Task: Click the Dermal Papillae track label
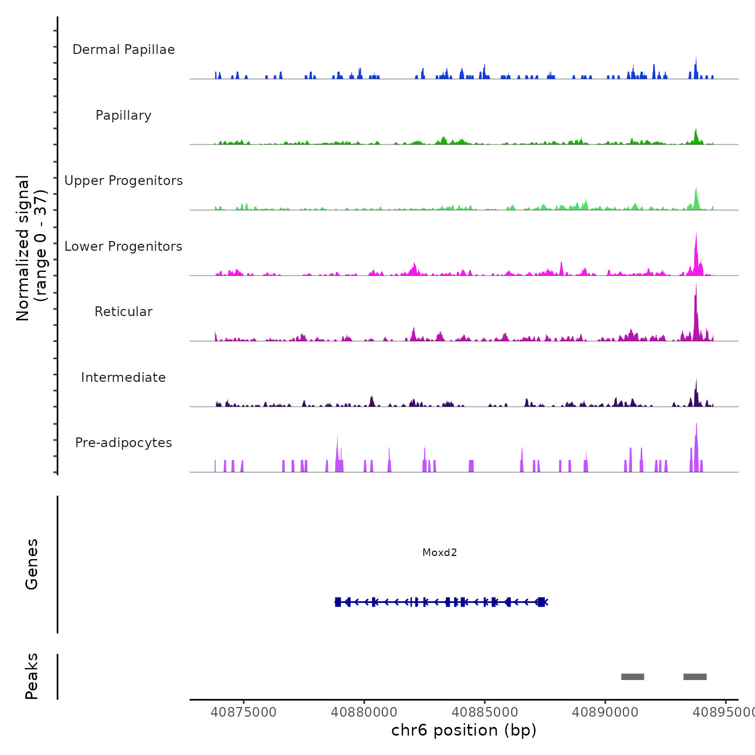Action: pyautogui.click(x=123, y=50)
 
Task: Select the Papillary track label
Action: pyautogui.click(x=123, y=115)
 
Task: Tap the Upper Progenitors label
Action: pyautogui.click(x=123, y=181)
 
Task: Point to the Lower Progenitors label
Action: pyautogui.click(x=123, y=246)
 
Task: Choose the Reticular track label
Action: pyautogui.click(x=123, y=312)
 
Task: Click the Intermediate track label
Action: pyautogui.click(x=123, y=377)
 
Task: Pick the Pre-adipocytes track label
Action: pyautogui.click(x=123, y=443)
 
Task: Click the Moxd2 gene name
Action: pyautogui.click(x=440, y=552)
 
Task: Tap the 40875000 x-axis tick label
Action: pyautogui.click(x=243, y=712)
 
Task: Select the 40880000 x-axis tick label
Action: pyautogui.click(x=364, y=712)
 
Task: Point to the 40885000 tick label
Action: pyautogui.click(x=484, y=712)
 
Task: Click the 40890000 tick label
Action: pyautogui.click(x=605, y=712)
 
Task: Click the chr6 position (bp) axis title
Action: pyautogui.click(x=464, y=730)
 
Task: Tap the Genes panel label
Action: pyautogui.click(x=32, y=564)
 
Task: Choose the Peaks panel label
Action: pyautogui.click(x=32, y=676)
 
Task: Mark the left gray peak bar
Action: pyautogui.click(x=633, y=677)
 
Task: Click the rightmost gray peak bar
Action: pyautogui.click(x=695, y=677)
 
